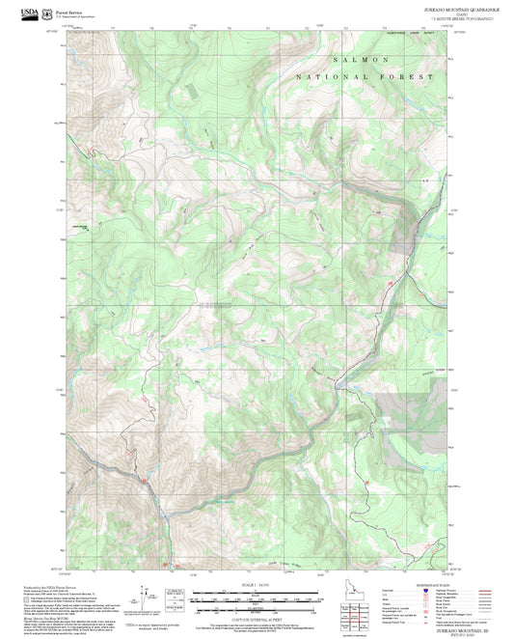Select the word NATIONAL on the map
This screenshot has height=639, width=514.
[x=323, y=75]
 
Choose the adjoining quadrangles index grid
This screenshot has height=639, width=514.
[x=362, y=616]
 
